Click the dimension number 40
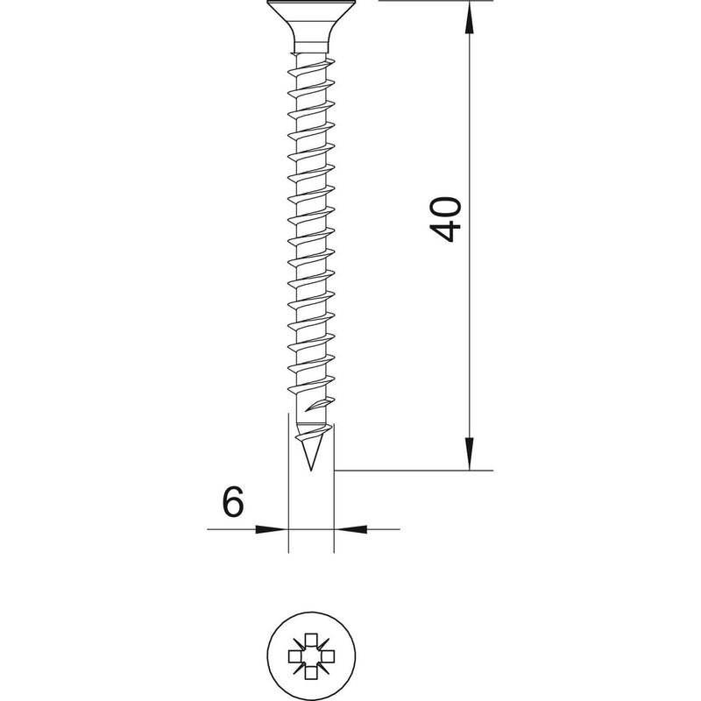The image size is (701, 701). click(445, 219)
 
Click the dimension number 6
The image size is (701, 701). click(233, 501)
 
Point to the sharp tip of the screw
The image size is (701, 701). click(311, 470)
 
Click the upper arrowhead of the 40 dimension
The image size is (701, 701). click(469, 18)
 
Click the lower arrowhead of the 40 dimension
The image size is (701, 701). click(469, 453)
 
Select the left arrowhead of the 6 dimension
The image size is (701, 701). click(271, 529)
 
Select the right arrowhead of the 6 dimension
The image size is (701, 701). click(351, 529)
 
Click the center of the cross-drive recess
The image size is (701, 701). click(311, 655)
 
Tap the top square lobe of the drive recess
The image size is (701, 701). click(311, 640)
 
